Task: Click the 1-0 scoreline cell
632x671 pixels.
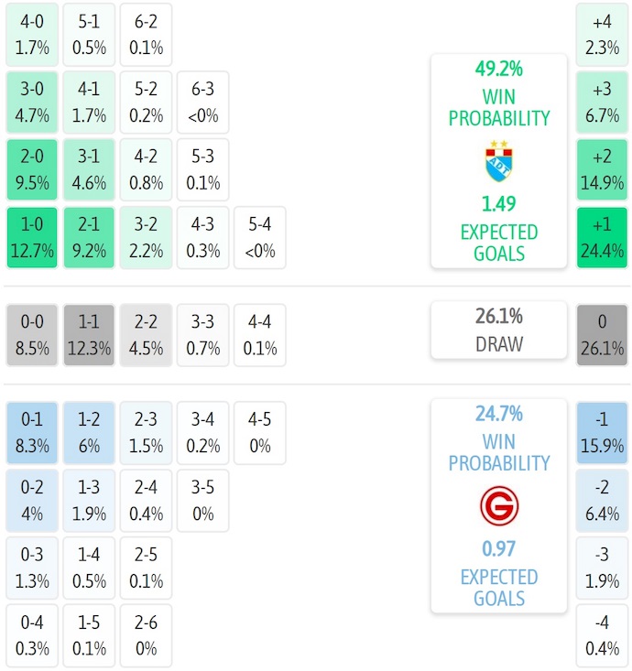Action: pyautogui.click(x=32, y=238)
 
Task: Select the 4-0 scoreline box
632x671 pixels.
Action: pyautogui.click(x=32, y=35)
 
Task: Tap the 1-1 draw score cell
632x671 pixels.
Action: pyautogui.click(x=89, y=335)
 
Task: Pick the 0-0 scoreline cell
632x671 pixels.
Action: pyautogui.click(x=32, y=335)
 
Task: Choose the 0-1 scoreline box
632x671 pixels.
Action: pyautogui.click(x=32, y=432)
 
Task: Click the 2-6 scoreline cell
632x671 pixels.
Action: pyautogui.click(x=146, y=635)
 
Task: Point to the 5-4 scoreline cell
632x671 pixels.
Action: pyautogui.click(x=259, y=238)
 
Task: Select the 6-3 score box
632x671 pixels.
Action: pyautogui.click(x=202, y=103)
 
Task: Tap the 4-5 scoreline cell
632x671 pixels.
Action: pyautogui.click(x=259, y=432)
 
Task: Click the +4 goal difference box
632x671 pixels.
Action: pyautogui.click(x=602, y=35)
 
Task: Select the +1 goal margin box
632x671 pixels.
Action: pyautogui.click(x=602, y=238)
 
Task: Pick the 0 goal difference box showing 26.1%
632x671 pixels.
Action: pyautogui.click(x=602, y=335)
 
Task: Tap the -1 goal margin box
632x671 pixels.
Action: pyautogui.click(x=602, y=432)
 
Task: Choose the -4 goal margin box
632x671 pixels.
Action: pyautogui.click(x=602, y=635)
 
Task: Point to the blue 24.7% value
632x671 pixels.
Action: pyautogui.click(x=499, y=414)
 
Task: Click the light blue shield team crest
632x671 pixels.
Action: pyautogui.click(x=499, y=161)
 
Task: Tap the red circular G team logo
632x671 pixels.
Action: pyautogui.click(x=499, y=505)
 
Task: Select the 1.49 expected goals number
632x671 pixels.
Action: pyautogui.click(x=499, y=202)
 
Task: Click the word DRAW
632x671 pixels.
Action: pyautogui.click(x=499, y=344)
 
